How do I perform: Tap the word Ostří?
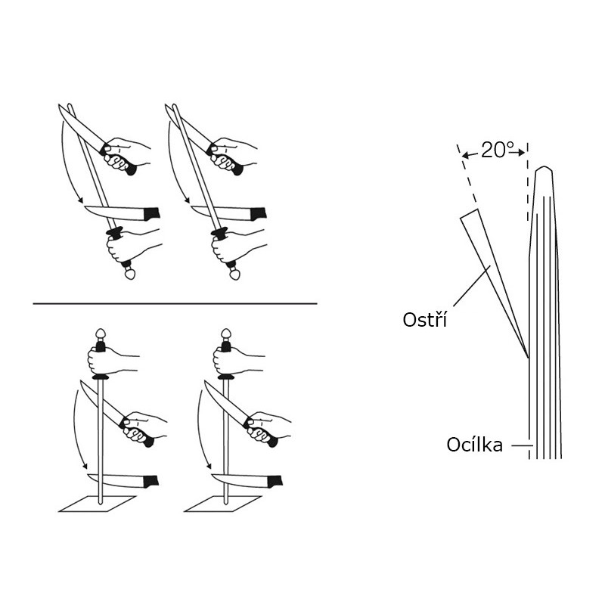tap(424, 320)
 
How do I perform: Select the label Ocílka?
tap(474, 445)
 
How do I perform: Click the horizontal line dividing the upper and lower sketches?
tap(174, 303)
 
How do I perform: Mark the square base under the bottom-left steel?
tap(98, 504)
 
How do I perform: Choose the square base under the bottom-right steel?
tap(224, 504)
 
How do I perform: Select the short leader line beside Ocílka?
tap(519, 445)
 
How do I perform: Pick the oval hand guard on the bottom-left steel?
tap(99, 376)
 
